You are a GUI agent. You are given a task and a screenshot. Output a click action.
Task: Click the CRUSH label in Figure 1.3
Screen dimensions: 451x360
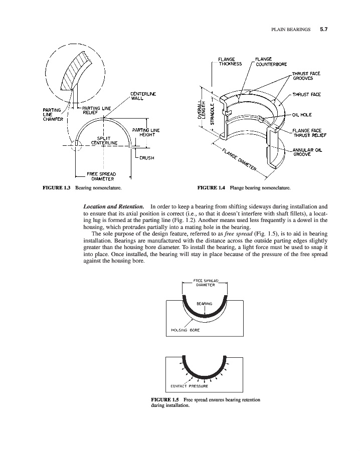point(146,157)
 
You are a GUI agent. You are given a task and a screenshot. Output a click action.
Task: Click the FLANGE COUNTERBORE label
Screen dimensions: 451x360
point(271,61)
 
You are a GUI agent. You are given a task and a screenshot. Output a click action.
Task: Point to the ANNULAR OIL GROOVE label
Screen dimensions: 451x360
point(308,152)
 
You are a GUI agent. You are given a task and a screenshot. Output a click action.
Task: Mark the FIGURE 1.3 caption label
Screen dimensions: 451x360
point(56,188)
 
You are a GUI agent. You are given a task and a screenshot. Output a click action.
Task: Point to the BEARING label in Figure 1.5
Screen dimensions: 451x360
point(204,303)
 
